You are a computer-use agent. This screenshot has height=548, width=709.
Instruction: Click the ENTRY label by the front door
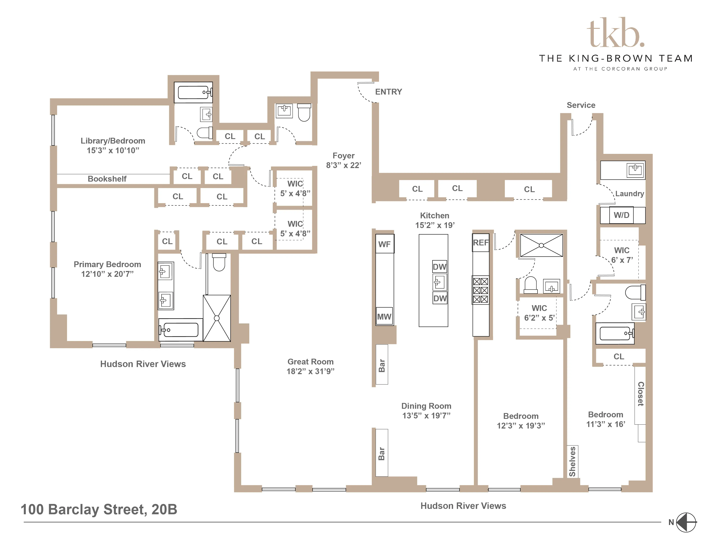(x=388, y=92)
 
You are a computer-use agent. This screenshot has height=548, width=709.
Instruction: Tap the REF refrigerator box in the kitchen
(x=480, y=242)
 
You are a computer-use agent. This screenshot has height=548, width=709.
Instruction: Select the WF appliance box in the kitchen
(x=384, y=244)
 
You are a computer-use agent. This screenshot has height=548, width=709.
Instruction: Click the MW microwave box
(x=384, y=317)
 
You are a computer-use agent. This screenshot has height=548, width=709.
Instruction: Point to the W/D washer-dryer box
(x=621, y=215)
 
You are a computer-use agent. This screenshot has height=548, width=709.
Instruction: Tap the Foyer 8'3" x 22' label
(x=344, y=160)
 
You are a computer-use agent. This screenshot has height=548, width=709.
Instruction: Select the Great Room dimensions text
(x=310, y=371)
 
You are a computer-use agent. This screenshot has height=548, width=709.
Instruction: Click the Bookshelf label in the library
(x=107, y=179)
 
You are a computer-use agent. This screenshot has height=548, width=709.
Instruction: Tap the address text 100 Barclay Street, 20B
(x=99, y=509)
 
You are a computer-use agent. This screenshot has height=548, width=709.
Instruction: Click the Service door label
(x=581, y=105)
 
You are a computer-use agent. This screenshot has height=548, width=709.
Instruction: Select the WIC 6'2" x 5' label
(x=539, y=313)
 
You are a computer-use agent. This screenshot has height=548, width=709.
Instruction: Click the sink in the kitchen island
(x=440, y=282)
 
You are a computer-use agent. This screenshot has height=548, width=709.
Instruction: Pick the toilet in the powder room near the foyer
(x=304, y=112)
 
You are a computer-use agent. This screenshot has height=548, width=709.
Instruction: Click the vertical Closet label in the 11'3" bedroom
(x=640, y=393)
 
